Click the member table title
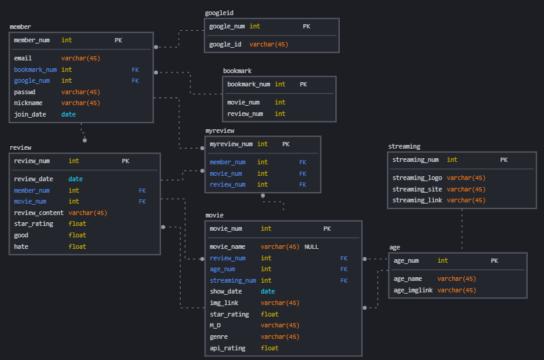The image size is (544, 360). click(x=20, y=27)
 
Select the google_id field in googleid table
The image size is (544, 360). click(x=225, y=44)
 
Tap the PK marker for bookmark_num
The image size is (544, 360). click(x=303, y=85)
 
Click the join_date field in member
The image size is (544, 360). click(x=30, y=114)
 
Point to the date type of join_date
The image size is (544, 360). click(x=68, y=114)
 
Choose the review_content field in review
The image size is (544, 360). click(x=39, y=213)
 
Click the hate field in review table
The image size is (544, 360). click(x=21, y=246)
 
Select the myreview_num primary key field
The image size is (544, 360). click(x=231, y=144)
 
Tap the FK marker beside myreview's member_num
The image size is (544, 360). click(x=303, y=162)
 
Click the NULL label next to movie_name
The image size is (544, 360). click(x=311, y=246)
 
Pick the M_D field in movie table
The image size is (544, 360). click(x=215, y=326)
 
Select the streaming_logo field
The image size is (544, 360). click(x=417, y=178)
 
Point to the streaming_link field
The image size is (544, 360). click(x=417, y=200)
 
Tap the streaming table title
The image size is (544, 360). click(x=404, y=146)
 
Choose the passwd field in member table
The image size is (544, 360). click(x=25, y=92)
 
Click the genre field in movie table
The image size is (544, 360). click(x=218, y=336)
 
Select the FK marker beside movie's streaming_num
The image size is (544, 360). click(x=344, y=280)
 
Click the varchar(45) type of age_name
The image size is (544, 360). click(x=456, y=278)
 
